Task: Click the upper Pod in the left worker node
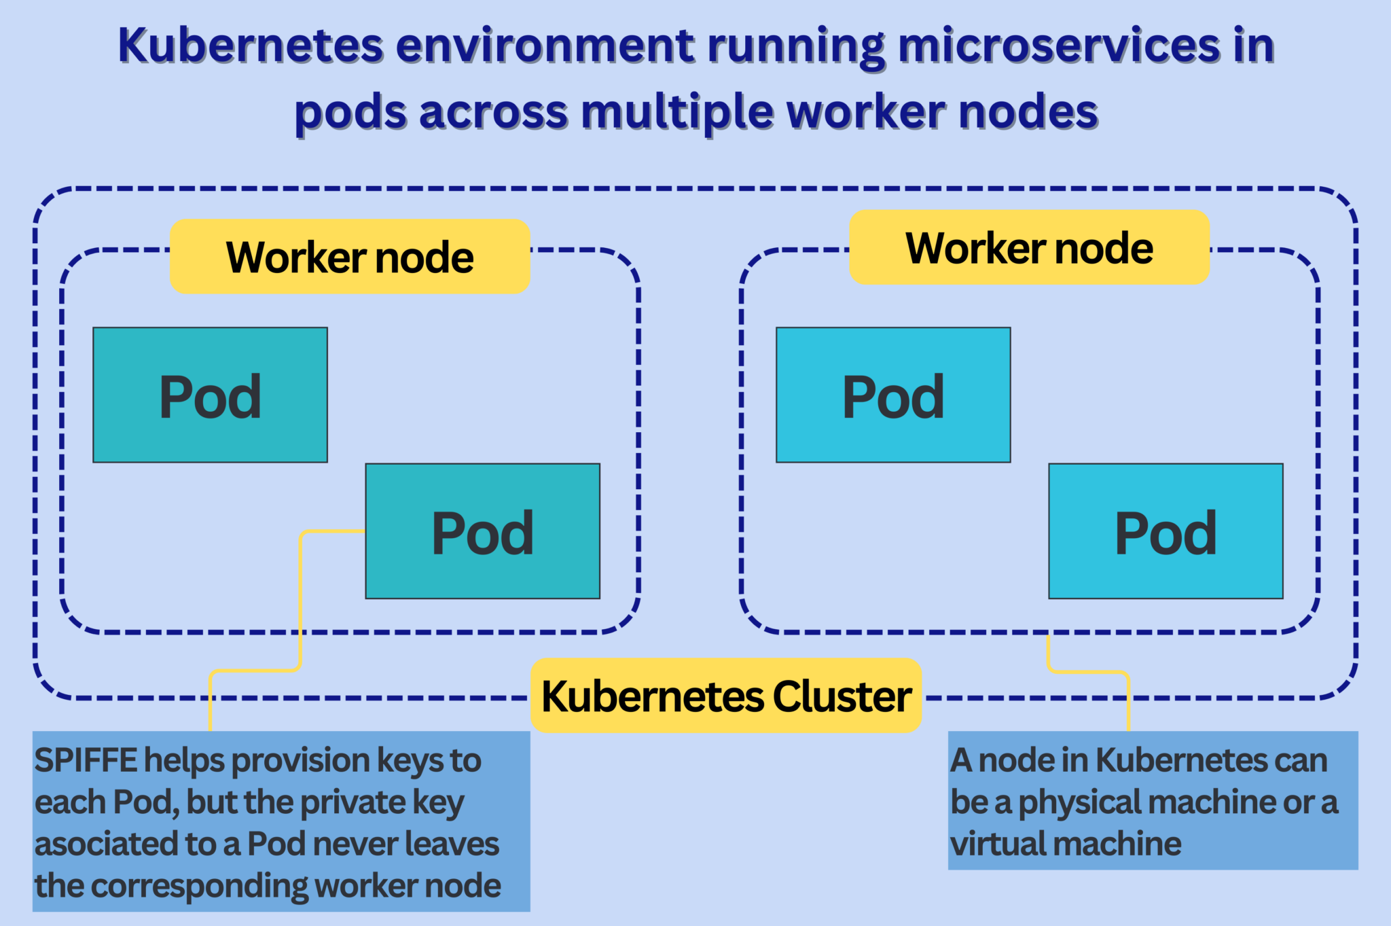tap(210, 395)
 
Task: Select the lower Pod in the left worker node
tap(482, 531)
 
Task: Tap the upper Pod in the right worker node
tap(893, 395)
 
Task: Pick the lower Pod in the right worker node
tap(1166, 531)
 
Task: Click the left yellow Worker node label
tap(349, 257)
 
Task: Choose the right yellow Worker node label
tap(1029, 247)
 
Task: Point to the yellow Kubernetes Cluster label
tap(726, 696)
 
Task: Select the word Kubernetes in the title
tap(251, 46)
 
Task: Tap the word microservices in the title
tap(1059, 46)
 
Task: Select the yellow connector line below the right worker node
tap(1128, 700)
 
